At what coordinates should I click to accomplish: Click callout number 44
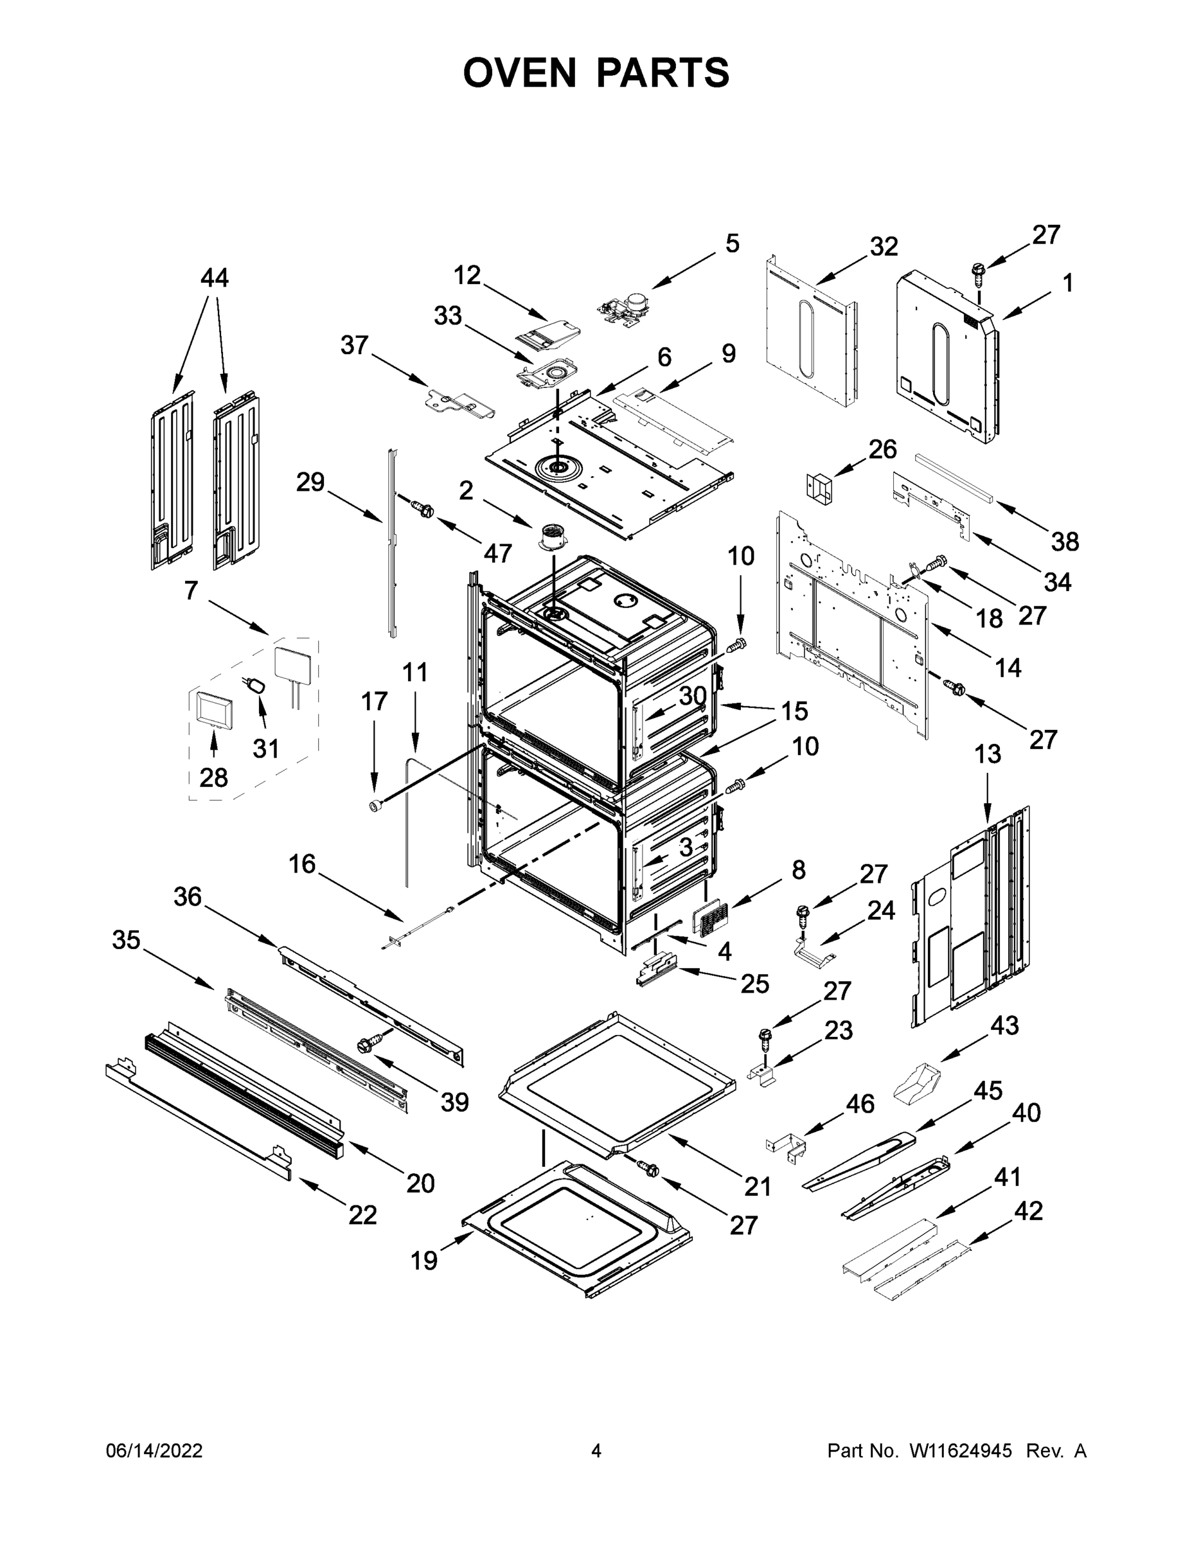[x=214, y=278]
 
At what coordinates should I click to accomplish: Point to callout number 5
[x=733, y=244]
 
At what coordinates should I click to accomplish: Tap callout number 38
[x=1065, y=542]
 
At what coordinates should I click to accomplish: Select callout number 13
[x=987, y=754]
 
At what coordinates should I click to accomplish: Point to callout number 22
[x=362, y=1214]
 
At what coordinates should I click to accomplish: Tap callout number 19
[x=423, y=1261]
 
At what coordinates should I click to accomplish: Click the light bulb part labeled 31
[x=257, y=685]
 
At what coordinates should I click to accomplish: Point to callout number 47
[x=497, y=553]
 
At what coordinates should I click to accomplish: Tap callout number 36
[x=188, y=897]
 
